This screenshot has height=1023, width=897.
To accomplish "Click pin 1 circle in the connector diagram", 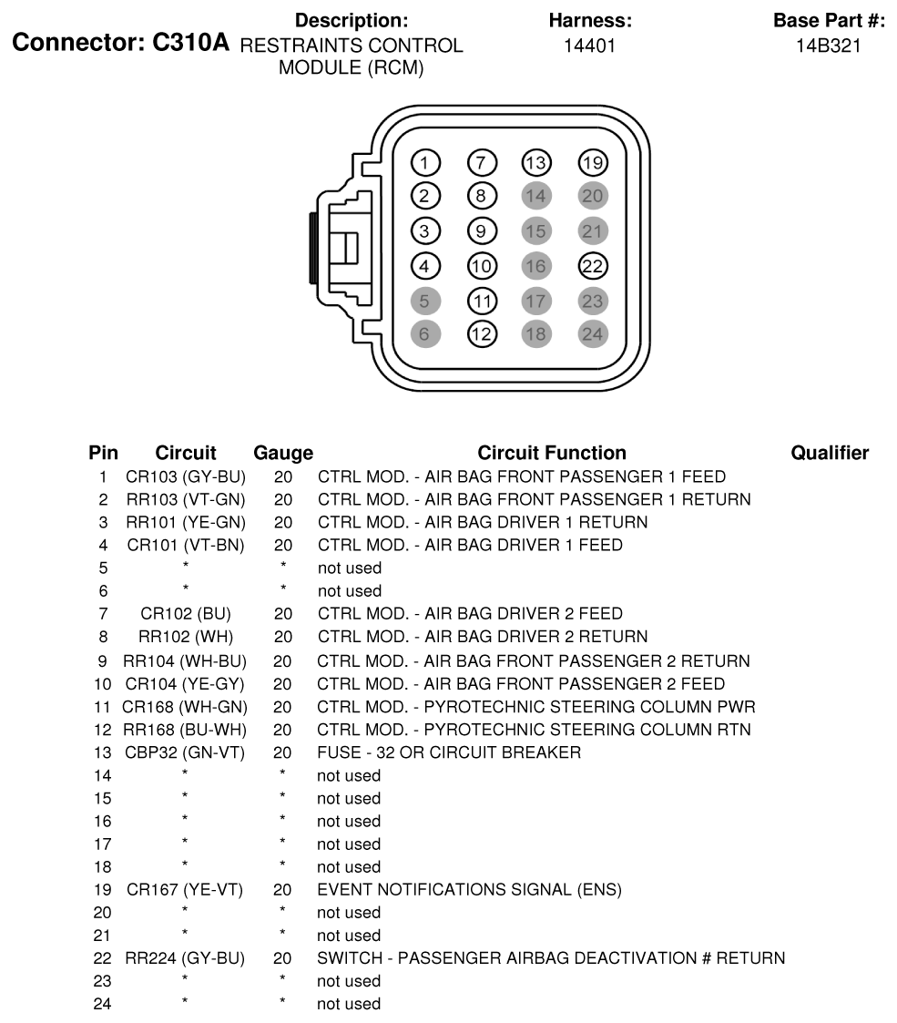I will click(x=425, y=163).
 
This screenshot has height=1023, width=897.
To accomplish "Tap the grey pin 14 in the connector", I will click(x=536, y=196).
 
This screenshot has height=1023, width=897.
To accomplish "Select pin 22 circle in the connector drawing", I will click(x=593, y=265).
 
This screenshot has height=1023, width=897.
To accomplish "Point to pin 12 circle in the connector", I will click(x=481, y=334).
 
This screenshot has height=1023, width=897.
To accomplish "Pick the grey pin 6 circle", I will click(x=425, y=334).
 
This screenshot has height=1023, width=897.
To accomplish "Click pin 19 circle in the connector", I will click(x=593, y=163).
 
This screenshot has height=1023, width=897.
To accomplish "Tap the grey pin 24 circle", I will click(x=593, y=334).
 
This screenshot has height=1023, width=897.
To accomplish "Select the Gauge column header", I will click(x=283, y=453).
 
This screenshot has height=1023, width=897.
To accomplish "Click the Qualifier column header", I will click(x=830, y=453).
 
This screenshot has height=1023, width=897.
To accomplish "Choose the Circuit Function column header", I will click(x=552, y=453).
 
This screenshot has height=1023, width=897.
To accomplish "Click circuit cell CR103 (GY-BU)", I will click(x=186, y=476).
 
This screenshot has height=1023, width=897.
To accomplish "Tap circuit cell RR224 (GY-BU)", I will click(x=186, y=958).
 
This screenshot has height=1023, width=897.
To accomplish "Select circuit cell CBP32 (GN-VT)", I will click(x=186, y=752).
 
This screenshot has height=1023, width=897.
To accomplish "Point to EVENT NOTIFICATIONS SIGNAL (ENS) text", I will click(x=469, y=890).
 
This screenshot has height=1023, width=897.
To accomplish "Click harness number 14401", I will click(x=590, y=45).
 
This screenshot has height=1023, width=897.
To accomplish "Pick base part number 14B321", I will click(x=828, y=45).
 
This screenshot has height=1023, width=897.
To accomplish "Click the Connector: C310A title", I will click(x=121, y=44).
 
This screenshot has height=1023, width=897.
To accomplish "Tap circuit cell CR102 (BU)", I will click(x=186, y=614).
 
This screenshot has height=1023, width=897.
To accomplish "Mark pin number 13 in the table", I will click(x=103, y=752).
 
